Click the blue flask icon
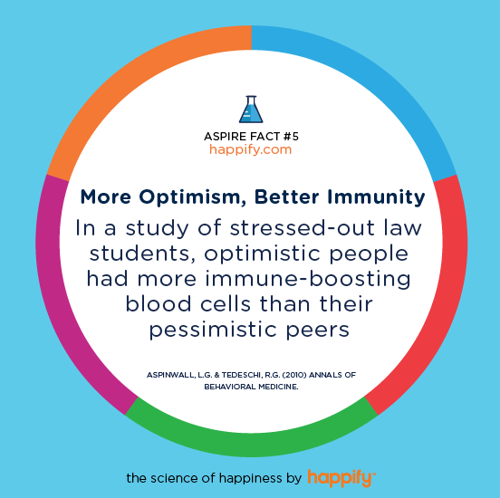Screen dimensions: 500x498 click(251, 109)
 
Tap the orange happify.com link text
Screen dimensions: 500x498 click(251, 149)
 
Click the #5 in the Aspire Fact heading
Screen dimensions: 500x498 click(291, 137)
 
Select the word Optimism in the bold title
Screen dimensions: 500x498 click(189, 196)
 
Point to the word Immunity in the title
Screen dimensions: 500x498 click(376, 197)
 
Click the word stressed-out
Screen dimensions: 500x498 click(303, 227)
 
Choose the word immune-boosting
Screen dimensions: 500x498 click(308, 279)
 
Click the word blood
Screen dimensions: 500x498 click(159, 303)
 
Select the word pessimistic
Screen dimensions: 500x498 click(213, 330)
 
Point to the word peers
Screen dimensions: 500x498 click(318, 330)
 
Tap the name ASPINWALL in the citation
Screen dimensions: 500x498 click(170, 375)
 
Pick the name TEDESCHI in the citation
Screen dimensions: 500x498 click(242, 375)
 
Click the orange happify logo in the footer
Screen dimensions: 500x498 click(341, 478)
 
